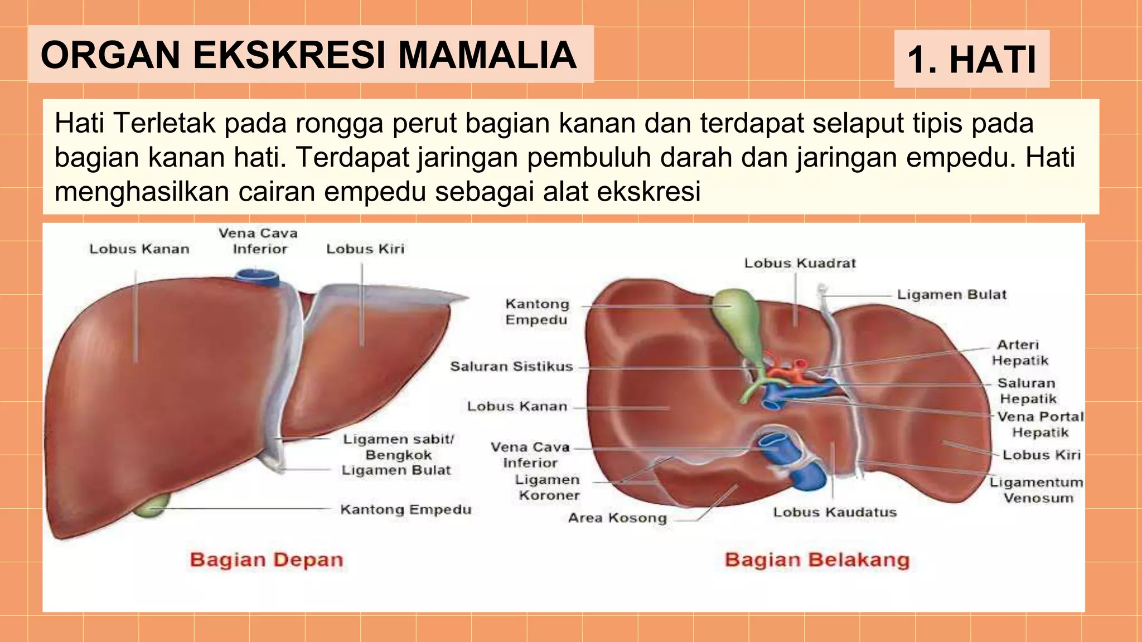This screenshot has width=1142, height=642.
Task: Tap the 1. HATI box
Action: click(x=971, y=59)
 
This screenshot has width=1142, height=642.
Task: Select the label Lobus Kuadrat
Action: click(x=800, y=263)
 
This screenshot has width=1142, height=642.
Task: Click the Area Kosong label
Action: click(x=617, y=518)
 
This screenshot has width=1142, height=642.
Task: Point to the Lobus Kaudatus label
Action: click(x=834, y=512)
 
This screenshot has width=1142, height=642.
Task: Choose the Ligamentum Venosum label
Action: click(x=1036, y=490)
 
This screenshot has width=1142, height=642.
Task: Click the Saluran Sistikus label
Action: click(x=511, y=366)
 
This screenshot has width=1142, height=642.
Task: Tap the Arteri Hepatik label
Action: click(x=1019, y=352)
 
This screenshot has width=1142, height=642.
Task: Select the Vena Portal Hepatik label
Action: click(x=1040, y=424)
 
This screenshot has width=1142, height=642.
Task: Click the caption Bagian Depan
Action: click(x=267, y=560)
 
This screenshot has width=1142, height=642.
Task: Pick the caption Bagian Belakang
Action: click(x=817, y=560)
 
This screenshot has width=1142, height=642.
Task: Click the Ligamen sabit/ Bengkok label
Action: click(x=398, y=446)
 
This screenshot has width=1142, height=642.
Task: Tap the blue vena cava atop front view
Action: click(x=257, y=276)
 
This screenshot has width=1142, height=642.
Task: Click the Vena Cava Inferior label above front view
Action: click(x=258, y=241)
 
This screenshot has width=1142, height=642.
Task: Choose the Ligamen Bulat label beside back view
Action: click(x=951, y=294)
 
